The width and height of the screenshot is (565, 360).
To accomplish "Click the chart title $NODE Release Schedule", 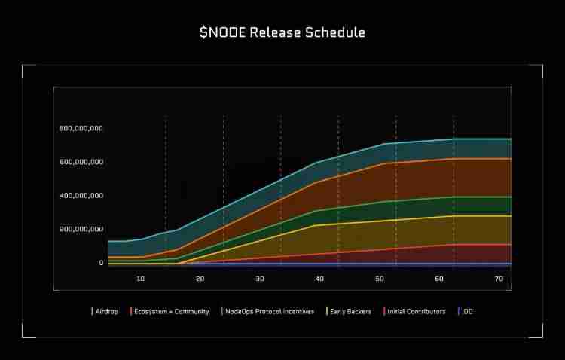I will (282, 32).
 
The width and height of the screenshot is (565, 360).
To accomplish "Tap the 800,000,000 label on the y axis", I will (81, 128).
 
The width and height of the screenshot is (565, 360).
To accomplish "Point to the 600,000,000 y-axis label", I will (81, 162).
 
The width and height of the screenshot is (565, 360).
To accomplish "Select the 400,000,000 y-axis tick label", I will (81, 196).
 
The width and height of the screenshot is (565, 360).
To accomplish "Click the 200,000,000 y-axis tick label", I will (81, 229).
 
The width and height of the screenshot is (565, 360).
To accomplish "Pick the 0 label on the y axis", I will (101, 263).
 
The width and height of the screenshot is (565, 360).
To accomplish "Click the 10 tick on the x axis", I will (141, 279).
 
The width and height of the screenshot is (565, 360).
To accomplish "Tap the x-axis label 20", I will (200, 279).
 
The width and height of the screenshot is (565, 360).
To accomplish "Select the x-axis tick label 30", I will (260, 279).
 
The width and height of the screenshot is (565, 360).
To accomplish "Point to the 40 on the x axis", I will (319, 279).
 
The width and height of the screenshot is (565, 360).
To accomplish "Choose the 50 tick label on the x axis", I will (380, 279).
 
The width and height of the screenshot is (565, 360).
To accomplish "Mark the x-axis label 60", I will (439, 279).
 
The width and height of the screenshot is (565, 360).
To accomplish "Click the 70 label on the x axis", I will (499, 279).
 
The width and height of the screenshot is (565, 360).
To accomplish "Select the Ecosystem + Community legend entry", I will (171, 311).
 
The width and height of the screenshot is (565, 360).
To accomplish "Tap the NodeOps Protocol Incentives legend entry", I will (269, 311).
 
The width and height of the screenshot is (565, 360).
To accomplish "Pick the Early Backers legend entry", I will (350, 311).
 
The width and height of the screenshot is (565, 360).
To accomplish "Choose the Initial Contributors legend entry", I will (416, 311).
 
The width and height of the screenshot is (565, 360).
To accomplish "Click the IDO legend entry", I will (467, 311).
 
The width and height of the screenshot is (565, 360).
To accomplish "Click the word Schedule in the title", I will (334, 32).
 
